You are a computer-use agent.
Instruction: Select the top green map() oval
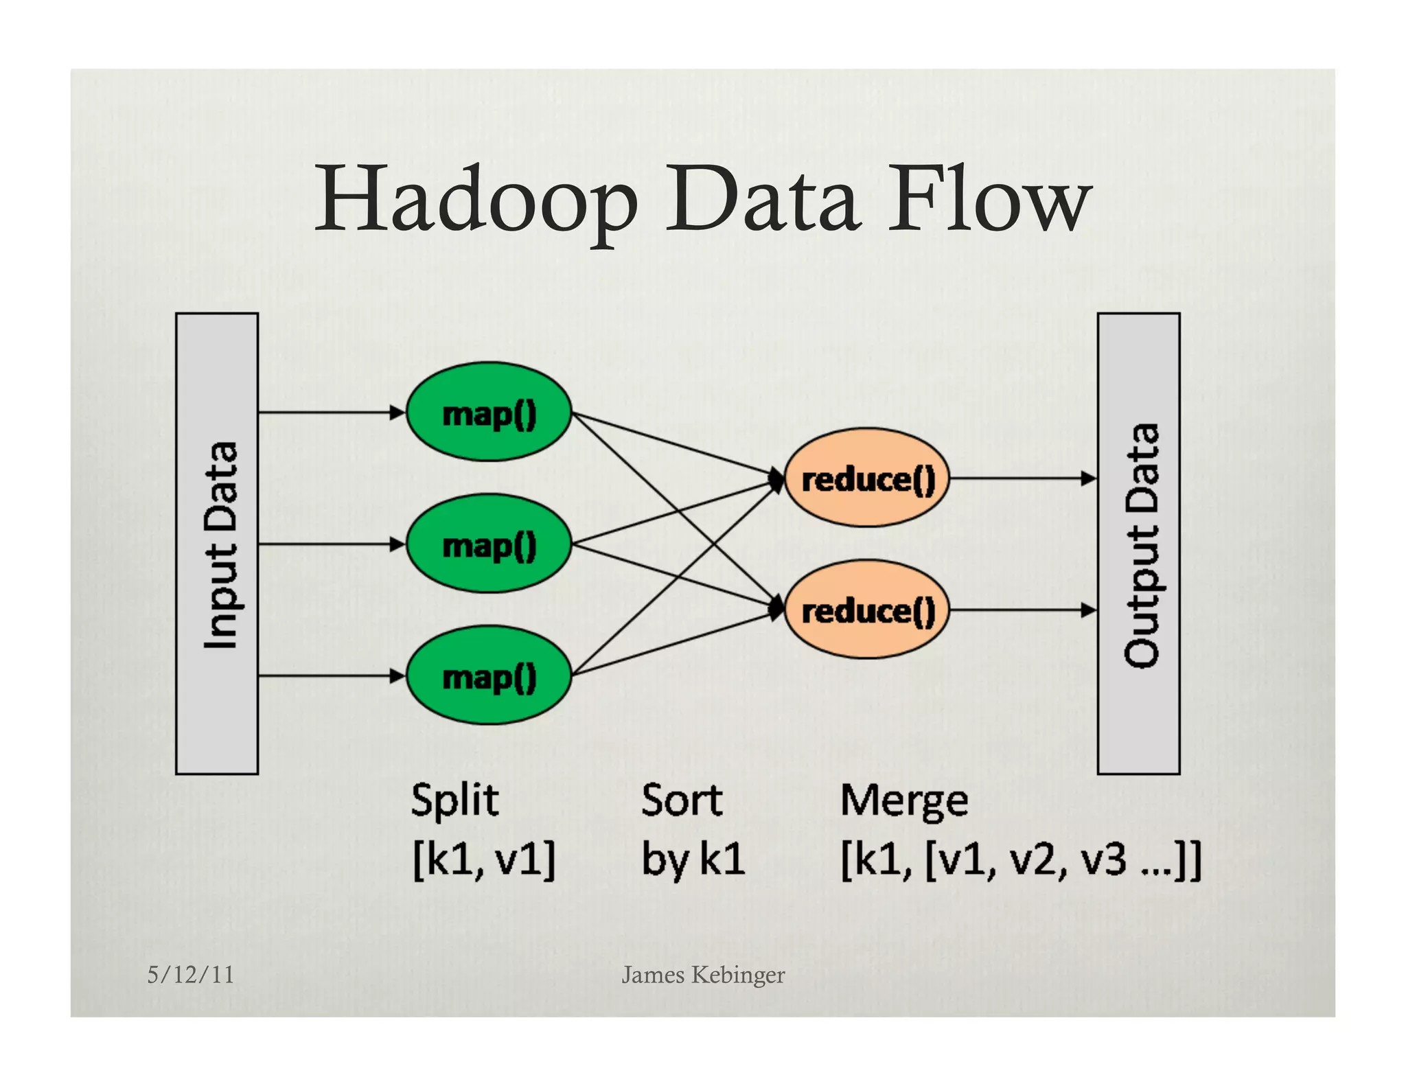point(489,413)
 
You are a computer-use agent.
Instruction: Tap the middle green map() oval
point(489,544)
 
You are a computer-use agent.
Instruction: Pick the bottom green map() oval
point(489,676)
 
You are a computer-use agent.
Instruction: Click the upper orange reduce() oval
point(868,478)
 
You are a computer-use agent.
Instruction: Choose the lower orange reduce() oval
point(868,610)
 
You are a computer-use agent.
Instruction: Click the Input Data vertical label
point(220,544)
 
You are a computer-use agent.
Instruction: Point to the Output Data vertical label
point(1141,544)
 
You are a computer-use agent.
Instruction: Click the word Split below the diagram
point(454,800)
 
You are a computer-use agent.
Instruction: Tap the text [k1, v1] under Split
point(483,859)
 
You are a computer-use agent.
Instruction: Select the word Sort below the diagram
point(681,800)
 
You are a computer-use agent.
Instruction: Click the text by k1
point(692,859)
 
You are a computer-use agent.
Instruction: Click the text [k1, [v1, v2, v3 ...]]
point(1021,859)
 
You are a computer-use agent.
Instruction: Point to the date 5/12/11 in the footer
point(190,975)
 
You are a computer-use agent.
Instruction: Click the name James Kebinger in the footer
point(702,975)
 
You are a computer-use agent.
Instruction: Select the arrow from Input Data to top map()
point(330,413)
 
